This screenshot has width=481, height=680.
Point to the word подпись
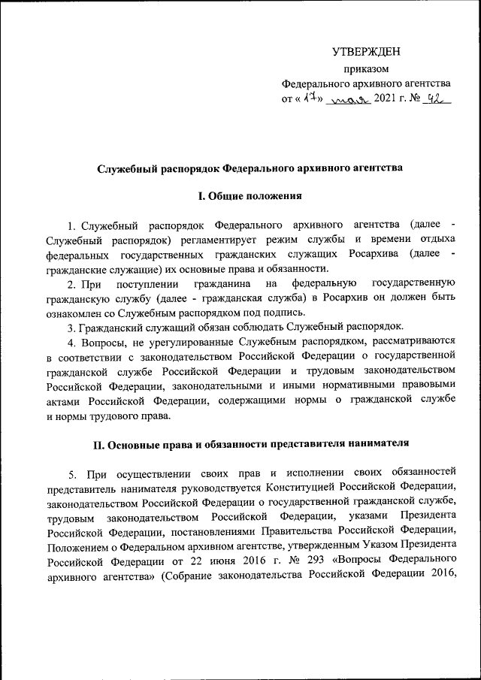pos(287,312)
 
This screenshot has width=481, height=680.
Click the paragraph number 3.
pos(70,326)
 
